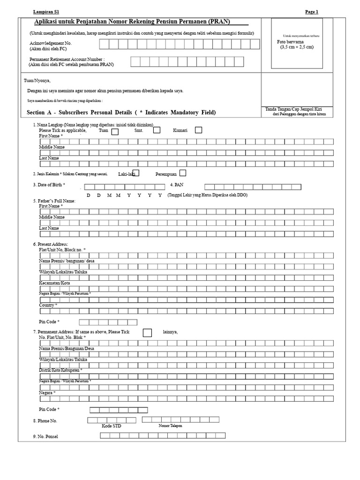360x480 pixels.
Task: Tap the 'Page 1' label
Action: point(312,12)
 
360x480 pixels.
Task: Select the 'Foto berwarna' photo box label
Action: point(291,42)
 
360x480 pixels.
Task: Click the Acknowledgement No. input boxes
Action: point(179,44)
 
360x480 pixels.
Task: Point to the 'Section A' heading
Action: point(121,112)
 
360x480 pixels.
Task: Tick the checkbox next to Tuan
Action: point(115,132)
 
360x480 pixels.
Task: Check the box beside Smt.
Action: point(157,130)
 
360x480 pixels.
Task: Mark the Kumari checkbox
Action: point(198,130)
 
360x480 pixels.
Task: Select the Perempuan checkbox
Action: point(182,173)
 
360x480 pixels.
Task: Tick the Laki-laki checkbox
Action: point(136,173)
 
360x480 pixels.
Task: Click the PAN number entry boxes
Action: point(253,187)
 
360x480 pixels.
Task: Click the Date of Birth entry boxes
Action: point(123,187)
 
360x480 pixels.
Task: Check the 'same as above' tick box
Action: point(147,333)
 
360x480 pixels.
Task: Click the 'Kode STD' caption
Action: point(111,426)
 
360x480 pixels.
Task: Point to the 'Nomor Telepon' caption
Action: point(170,426)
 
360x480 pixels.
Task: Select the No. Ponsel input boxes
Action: point(163,435)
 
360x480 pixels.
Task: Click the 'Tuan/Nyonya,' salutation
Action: point(37,81)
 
